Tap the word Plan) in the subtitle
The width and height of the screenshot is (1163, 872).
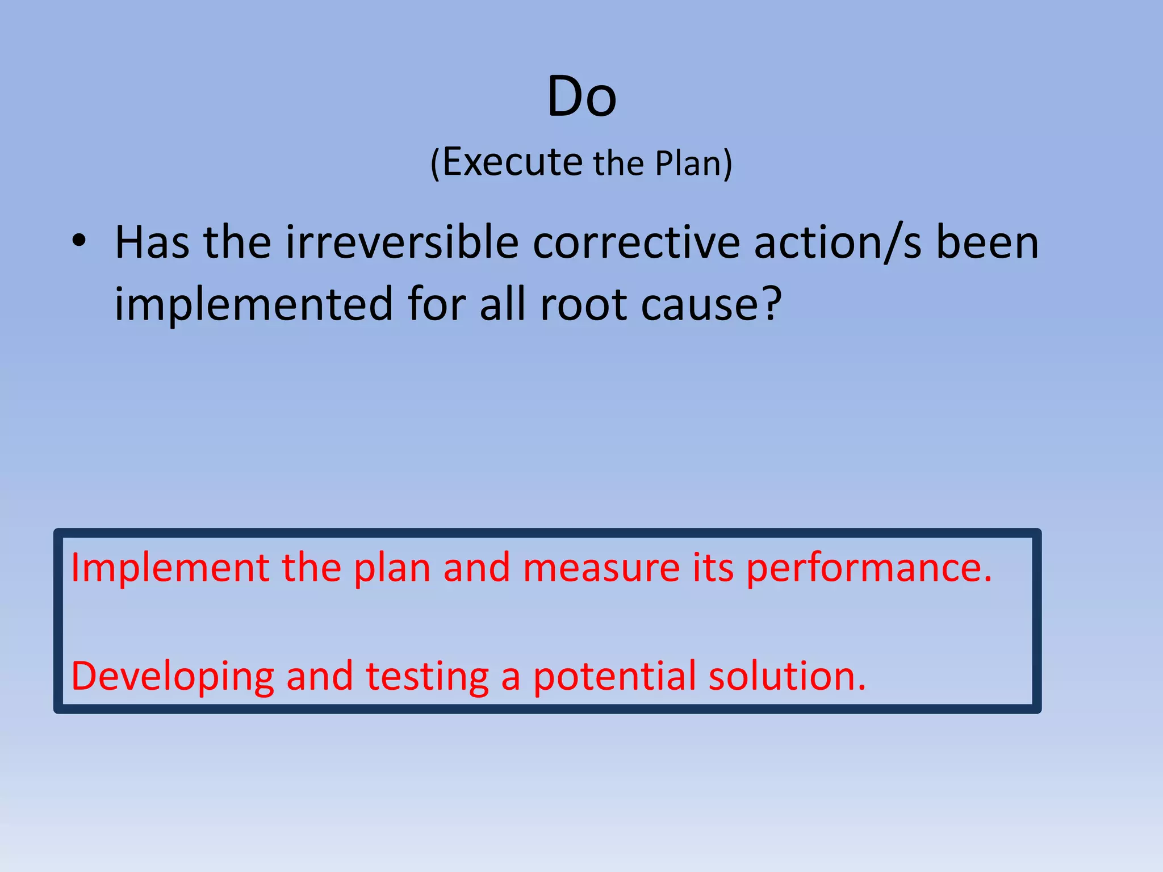pos(693,163)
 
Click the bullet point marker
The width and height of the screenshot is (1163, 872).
pos(79,242)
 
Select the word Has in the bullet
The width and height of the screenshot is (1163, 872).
pos(152,243)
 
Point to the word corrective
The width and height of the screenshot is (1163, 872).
pos(636,243)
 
